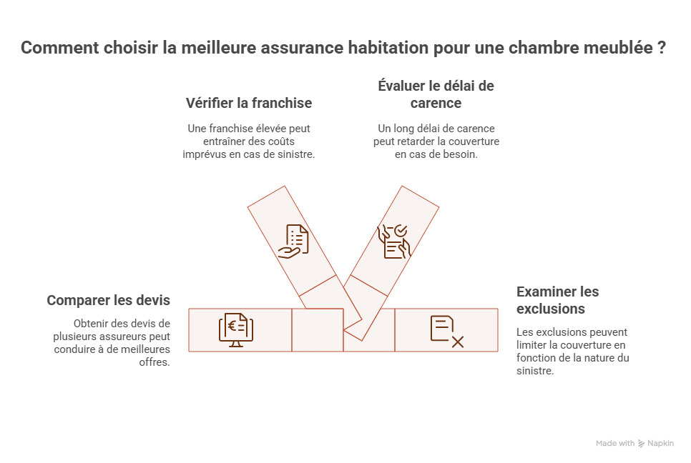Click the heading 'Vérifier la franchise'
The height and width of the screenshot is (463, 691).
pos(248,103)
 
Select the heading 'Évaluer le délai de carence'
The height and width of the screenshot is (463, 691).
pos(436,94)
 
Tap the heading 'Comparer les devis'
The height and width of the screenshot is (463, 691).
pos(108,300)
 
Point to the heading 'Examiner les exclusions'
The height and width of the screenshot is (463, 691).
pos(557,300)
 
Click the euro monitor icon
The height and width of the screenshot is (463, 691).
pos(236,330)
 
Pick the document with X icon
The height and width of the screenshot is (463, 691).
pos(447,331)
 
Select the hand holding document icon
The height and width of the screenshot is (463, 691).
pos(293,241)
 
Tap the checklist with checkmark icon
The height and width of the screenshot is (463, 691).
pos(393,241)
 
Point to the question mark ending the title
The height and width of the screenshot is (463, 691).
pos(662,49)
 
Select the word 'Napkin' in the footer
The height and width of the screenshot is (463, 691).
pos(661,444)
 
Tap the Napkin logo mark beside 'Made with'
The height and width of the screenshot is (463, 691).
pos(642,444)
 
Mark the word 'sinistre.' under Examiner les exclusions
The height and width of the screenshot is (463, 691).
pos(534,371)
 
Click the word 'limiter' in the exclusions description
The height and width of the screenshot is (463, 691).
pos(531,345)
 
